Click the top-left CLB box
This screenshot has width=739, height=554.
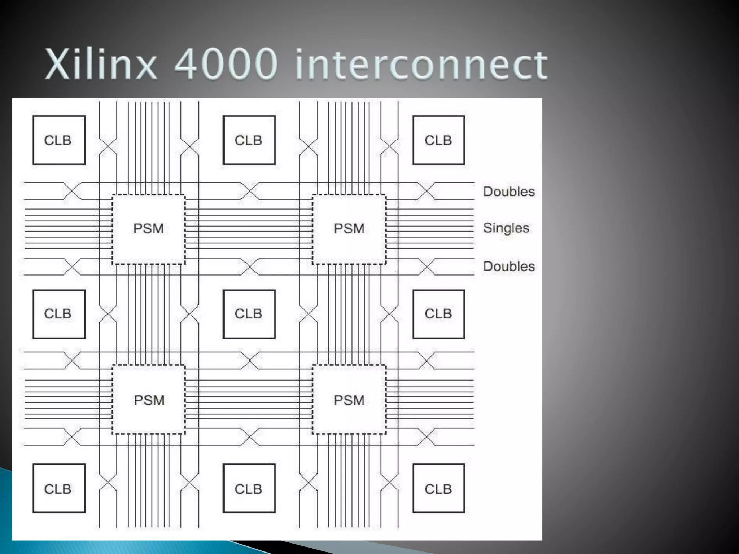tap(59, 140)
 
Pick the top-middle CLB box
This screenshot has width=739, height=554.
tap(249, 140)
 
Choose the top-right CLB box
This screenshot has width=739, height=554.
tap(438, 140)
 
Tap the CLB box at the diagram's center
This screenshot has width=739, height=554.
tap(249, 314)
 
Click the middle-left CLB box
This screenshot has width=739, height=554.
tap(59, 314)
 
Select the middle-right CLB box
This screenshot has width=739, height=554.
tap(438, 314)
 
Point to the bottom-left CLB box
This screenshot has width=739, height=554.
tap(59, 488)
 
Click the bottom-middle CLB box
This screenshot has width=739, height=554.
tap(249, 488)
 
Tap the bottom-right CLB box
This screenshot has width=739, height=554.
tap(438, 488)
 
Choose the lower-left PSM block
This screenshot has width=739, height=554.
tap(149, 400)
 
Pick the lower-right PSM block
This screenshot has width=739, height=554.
tap(349, 400)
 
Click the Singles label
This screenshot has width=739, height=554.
tap(506, 228)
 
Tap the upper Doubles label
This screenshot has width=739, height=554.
tap(509, 192)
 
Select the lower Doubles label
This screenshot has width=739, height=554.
tap(509, 267)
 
